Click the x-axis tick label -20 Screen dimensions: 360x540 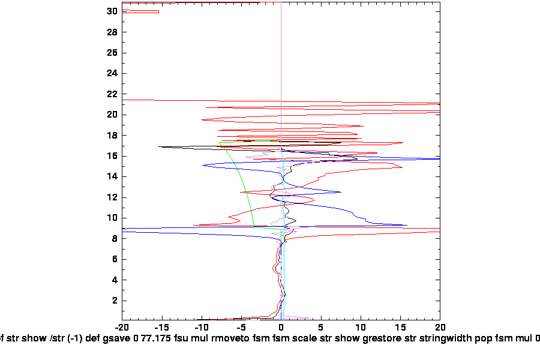point(122,328)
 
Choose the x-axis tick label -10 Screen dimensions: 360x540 point(202,328)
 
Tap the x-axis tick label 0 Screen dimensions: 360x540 point(281,328)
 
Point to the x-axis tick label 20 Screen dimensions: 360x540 point(440,328)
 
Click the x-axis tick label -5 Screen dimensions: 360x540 point(241,328)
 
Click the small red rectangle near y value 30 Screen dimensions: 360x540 point(140,11)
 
